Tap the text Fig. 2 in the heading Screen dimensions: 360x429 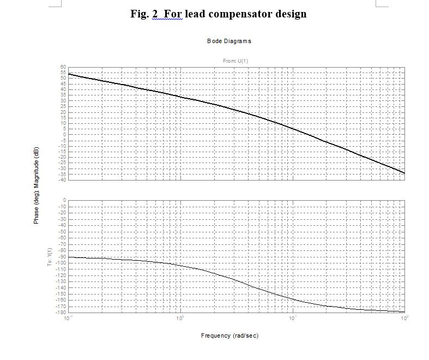[143, 14]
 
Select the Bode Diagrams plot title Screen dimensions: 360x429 [229, 41]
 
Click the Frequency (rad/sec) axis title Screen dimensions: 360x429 [229, 335]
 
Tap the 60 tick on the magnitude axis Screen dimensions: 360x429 [63, 67]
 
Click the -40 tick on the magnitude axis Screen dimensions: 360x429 [63, 180]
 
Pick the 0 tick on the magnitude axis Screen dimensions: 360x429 [64, 135]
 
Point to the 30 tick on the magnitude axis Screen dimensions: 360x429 [63, 101]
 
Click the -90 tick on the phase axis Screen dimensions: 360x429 [62, 256]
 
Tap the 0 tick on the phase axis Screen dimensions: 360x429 [64, 201]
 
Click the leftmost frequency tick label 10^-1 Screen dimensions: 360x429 [68, 317]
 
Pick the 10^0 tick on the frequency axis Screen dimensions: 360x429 [180, 317]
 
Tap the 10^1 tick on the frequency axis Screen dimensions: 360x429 [293, 317]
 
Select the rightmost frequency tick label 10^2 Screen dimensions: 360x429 [404, 317]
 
